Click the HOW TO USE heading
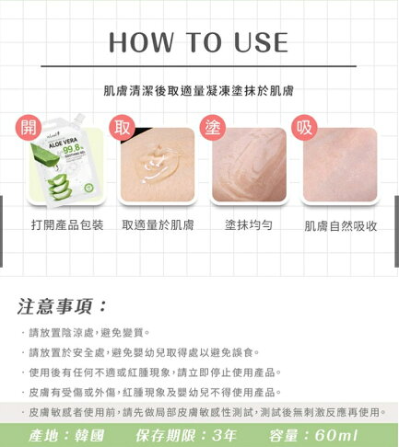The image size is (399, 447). point(199,43)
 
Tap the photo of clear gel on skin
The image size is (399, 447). point(157,166)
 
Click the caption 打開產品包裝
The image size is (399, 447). point(66,225)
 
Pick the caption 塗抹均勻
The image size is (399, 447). point(248,225)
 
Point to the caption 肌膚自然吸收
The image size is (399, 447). point(340,225)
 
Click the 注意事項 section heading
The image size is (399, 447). point(63,305)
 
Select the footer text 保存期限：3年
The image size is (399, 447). point(191,433)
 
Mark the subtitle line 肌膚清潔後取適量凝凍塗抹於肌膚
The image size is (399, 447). point(199,91)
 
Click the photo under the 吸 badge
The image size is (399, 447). point(340,166)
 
